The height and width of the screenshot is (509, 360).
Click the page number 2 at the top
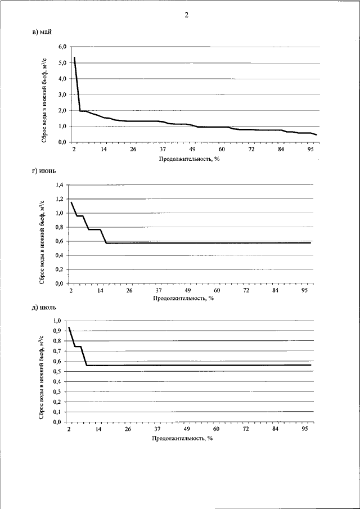click(x=187, y=15)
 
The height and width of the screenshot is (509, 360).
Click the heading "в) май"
click(x=42, y=31)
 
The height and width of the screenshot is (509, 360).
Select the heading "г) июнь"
click(x=44, y=171)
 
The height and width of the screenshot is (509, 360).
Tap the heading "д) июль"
click(x=44, y=308)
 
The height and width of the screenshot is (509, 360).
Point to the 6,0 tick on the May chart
click(x=62, y=47)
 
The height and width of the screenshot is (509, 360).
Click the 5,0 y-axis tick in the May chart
click(x=62, y=62)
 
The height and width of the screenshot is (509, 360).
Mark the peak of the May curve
click(x=74, y=57)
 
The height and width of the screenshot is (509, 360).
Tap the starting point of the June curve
click(x=71, y=202)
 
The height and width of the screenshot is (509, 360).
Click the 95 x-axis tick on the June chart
click(x=305, y=290)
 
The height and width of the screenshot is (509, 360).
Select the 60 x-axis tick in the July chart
click(x=216, y=430)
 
